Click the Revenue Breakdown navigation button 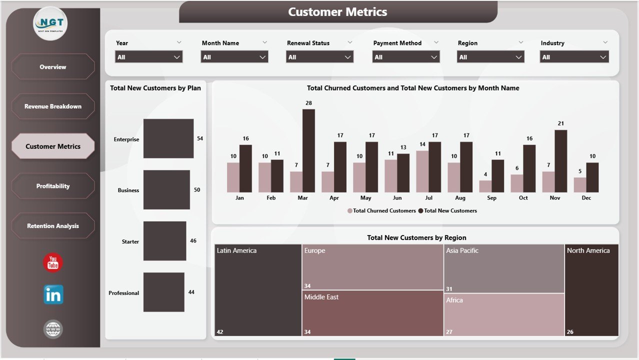pos(53,106)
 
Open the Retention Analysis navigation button pos(53,226)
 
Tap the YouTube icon pos(53,263)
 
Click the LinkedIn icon pos(53,295)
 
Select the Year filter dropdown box pos(149,57)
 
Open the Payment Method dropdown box pos(406,57)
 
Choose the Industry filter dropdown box pos(574,57)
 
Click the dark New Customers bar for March pos(308,150)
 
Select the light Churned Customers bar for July pos(422,171)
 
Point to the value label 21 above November pos(561,123)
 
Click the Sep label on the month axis pos(491,198)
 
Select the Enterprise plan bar pos(168,138)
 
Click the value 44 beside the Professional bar pos(191,292)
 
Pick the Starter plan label pos(130,241)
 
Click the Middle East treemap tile pos(372,313)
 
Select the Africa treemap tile pos(504,314)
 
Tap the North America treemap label pos(588,250)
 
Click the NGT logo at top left pos(50,23)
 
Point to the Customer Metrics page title pos(337,12)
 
